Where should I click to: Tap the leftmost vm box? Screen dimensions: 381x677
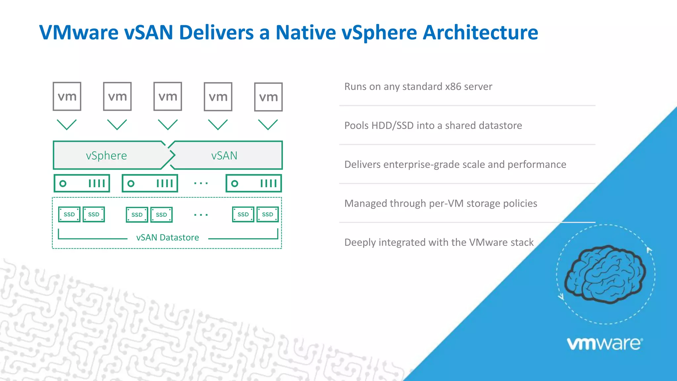click(x=67, y=97)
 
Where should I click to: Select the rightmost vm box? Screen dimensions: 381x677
click(x=268, y=97)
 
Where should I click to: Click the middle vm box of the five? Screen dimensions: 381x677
click(x=168, y=97)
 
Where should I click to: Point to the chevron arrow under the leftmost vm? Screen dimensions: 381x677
click(x=67, y=125)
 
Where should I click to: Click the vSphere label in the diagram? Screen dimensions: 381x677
click(x=106, y=155)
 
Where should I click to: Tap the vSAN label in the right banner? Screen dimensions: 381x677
click(x=224, y=155)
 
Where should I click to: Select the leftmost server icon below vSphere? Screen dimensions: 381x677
click(x=82, y=183)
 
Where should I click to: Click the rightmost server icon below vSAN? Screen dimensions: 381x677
click(x=254, y=183)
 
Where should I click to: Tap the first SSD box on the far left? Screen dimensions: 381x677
click(x=69, y=214)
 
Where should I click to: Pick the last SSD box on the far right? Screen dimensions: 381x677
click(x=267, y=214)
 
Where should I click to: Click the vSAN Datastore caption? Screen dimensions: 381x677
click(x=167, y=237)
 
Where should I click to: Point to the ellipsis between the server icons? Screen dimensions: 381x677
click(x=201, y=183)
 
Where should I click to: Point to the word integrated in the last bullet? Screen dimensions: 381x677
click(x=406, y=242)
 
